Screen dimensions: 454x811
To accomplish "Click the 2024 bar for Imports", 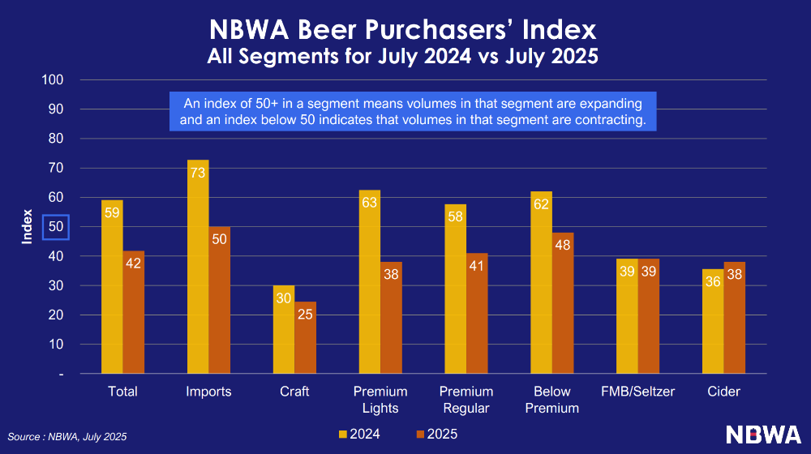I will pyautogui.click(x=198, y=267).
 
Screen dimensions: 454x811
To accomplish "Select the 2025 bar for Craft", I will pyautogui.click(x=305, y=337).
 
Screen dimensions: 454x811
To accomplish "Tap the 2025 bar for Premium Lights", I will pyautogui.click(x=391, y=318).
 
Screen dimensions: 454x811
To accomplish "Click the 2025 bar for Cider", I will pyautogui.click(x=734, y=318).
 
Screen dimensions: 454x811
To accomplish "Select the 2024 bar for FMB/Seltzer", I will pyautogui.click(x=627, y=316).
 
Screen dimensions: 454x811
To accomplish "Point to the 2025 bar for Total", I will pyautogui.click(x=134, y=312).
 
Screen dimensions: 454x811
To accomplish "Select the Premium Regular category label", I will pyautogui.click(x=466, y=400).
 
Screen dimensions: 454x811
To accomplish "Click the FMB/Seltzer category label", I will pyautogui.click(x=637, y=392).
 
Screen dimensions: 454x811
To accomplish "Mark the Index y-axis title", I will pyautogui.click(x=27, y=227).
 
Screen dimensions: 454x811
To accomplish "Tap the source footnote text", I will pyautogui.click(x=67, y=437).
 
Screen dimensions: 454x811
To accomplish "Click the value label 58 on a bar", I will pyautogui.click(x=455, y=217).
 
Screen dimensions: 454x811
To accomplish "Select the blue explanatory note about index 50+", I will pyautogui.click(x=412, y=112).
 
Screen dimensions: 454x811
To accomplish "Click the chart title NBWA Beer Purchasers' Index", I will pyautogui.click(x=402, y=31).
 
